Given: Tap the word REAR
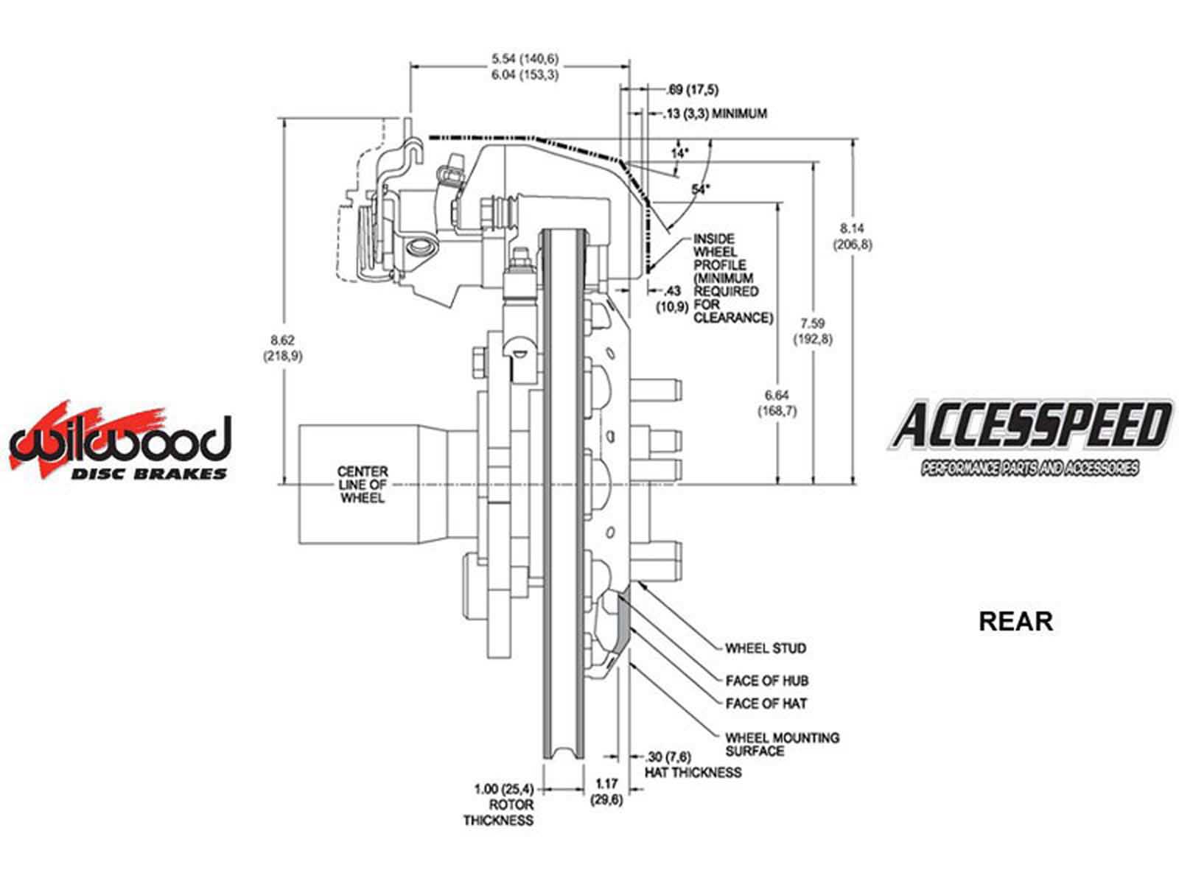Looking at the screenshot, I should click(1015, 621).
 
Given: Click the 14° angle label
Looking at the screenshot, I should click(679, 153).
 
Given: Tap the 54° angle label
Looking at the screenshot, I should click(700, 189).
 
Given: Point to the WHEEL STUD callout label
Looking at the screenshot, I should click(766, 648).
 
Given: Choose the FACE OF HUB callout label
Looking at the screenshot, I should click(767, 681).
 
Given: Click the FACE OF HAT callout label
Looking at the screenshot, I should click(766, 704).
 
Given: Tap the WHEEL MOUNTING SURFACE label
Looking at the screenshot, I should click(782, 744).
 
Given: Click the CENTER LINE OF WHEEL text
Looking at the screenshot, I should click(363, 485).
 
